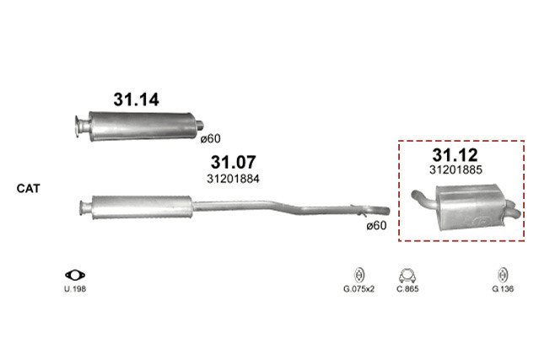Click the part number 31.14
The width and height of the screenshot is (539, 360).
click(136, 99)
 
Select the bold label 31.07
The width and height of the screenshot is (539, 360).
click(233, 162)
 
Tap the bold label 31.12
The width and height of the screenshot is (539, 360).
click(455, 155)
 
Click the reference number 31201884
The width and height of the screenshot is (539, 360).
click(233, 179)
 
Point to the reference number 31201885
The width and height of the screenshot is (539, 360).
click(455, 169)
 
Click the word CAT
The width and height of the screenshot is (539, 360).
click(28, 188)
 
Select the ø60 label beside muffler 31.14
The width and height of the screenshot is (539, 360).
click(210, 139)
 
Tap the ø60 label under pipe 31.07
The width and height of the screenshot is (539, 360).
click(376, 226)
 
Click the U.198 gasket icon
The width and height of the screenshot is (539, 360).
click(75, 275)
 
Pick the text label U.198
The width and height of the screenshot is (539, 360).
click(75, 289)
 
